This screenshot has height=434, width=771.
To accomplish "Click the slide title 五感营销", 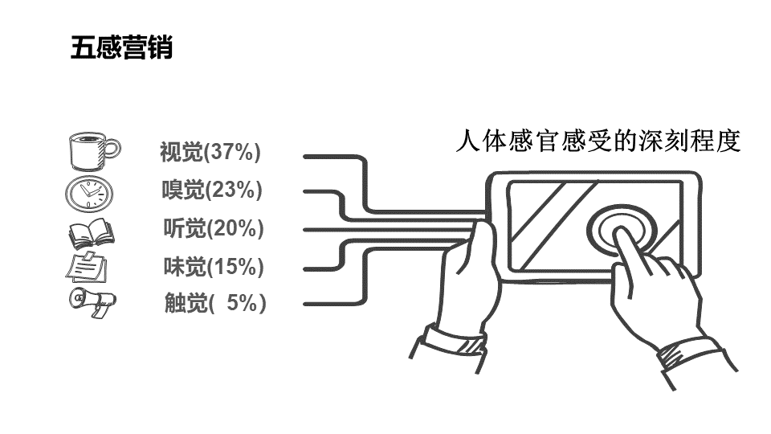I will [x=121, y=48].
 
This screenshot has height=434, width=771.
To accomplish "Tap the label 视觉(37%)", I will [x=210, y=151].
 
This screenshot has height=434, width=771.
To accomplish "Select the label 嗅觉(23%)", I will [x=212, y=190].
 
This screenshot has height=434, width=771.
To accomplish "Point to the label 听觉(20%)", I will [x=214, y=229].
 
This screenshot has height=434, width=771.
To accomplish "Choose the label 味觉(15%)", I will [x=214, y=266].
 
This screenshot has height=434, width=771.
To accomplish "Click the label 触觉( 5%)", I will [x=214, y=303].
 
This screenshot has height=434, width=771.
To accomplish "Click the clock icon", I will [x=89, y=194].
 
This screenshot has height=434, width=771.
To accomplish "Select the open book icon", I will [x=91, y=233].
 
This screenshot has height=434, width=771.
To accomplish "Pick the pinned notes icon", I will [x=87, y=267].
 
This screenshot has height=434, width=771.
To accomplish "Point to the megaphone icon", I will [x=92, y=303].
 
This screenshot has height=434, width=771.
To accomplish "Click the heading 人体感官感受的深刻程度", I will [x=597, y=141].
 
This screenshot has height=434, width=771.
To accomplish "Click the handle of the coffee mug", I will [x=112, y=148].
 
